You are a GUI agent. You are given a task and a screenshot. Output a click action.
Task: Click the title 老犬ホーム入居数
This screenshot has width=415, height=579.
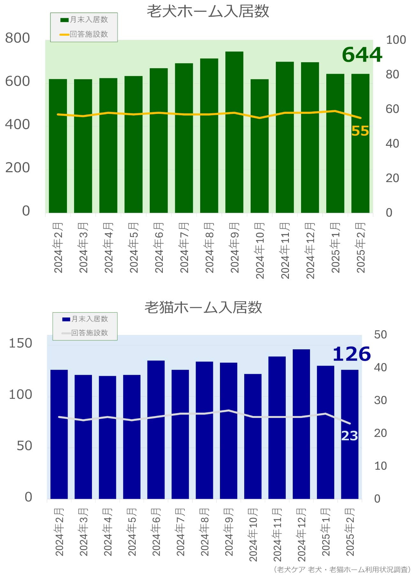coord(208,11)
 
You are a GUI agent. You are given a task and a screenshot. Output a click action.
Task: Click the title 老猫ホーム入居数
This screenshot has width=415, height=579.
coord(203,307)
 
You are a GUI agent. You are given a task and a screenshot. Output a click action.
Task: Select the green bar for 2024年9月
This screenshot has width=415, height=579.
coord(234,132)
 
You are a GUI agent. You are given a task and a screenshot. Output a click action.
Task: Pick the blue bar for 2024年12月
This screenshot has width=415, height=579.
coord(301,424)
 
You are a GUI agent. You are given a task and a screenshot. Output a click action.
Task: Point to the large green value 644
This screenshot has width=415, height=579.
coord(362,55)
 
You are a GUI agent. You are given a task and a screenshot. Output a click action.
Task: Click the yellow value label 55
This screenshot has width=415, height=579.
coord(360,131)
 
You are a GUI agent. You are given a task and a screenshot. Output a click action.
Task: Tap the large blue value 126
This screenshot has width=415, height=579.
coord(351,354)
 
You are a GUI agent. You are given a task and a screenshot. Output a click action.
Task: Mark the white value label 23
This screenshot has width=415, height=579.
coord(350,436)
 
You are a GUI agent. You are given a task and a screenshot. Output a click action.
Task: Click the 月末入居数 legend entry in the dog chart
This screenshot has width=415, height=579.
coord(84,20)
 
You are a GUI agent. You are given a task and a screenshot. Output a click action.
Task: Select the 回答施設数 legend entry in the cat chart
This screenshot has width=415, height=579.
coord(85,333)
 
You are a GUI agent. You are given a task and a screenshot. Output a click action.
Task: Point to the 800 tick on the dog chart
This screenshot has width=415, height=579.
coord(18,38)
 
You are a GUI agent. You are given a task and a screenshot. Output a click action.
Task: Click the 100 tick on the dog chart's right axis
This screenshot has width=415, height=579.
coord(396,40)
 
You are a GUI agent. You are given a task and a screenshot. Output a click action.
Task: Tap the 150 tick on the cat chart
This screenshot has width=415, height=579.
coord(20,343)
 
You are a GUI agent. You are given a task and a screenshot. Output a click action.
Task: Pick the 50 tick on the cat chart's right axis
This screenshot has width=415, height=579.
coord(380,335)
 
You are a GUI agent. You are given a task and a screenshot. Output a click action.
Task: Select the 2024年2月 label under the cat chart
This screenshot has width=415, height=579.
coord(59,532)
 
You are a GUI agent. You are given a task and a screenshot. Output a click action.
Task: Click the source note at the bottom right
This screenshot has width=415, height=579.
coord(342,569)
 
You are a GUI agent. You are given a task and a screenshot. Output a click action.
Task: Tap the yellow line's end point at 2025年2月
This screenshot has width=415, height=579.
coord(360,118)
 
